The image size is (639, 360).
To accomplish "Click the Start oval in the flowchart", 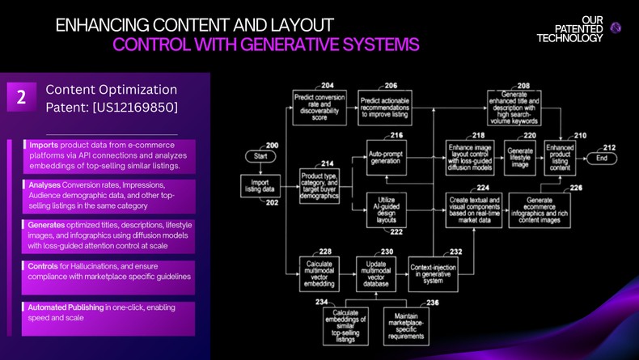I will [x=260, y=155].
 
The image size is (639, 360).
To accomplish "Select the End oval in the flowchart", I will [x=601, y=158].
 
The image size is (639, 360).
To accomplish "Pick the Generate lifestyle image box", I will [x=520, y=155].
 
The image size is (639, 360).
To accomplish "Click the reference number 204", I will [x=327, y=85].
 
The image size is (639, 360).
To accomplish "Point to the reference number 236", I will [x=432, y=303].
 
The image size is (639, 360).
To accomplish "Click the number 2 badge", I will [x=21, y=98].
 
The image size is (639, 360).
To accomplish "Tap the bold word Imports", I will [x=44, y=144].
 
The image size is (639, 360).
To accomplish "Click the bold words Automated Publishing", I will [x=66, y=307].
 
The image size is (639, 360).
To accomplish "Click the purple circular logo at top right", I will [x=616, y=28].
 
